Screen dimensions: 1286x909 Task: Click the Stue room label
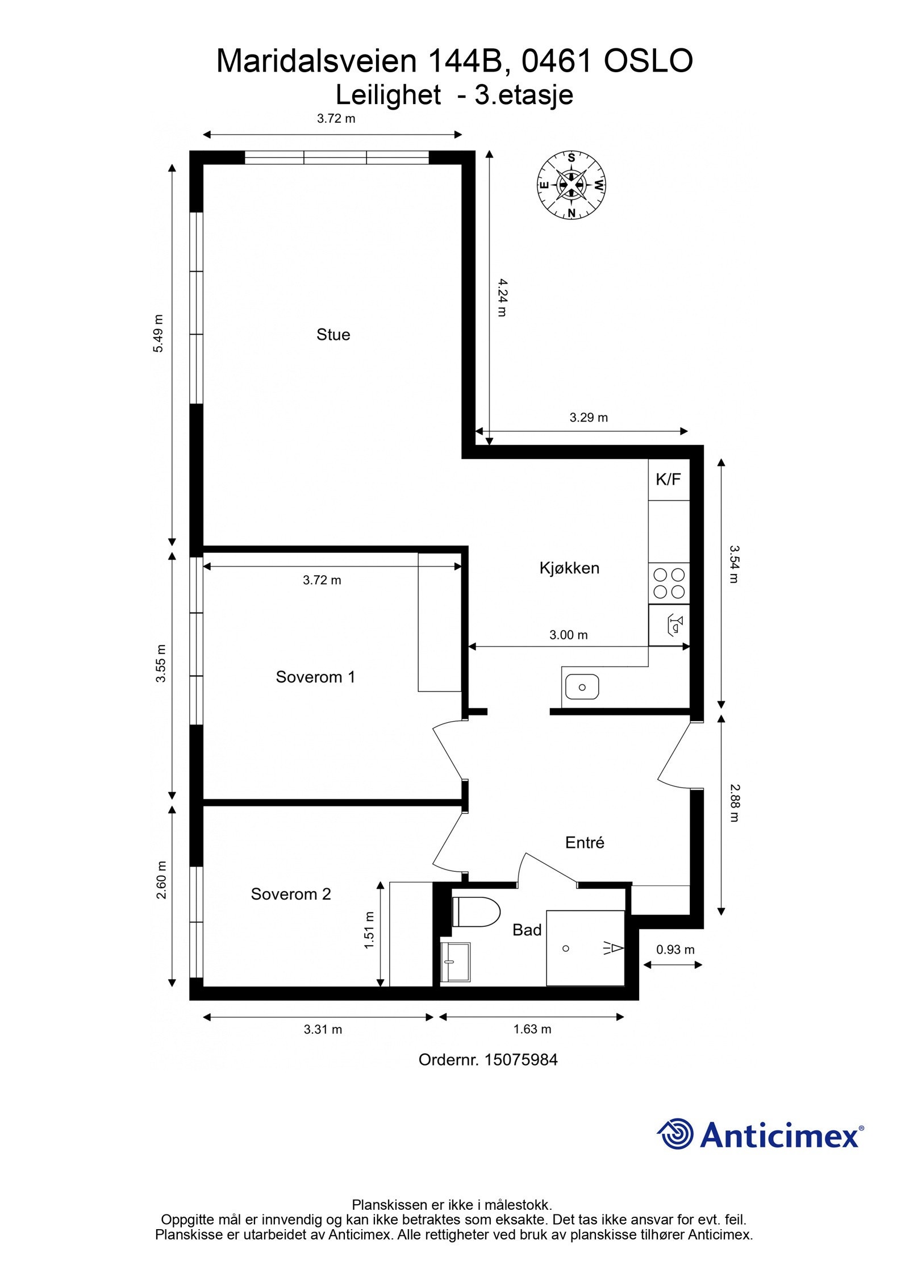(x=333, y=335)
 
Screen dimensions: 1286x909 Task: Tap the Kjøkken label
(x=569, y=568)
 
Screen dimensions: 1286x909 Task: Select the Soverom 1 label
(x=315, y=677)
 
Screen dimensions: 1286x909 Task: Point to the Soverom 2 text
(x=290, y=894)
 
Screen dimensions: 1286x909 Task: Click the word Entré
(x=585, y=843)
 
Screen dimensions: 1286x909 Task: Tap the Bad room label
(x=527, y=930)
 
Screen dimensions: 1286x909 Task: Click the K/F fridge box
(x=668, y=480)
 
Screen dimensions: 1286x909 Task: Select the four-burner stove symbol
(x=669, y=583)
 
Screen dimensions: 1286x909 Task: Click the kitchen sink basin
(x=582, y=687)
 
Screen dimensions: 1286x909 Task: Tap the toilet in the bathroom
(x=476, y=912)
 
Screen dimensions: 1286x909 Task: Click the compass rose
(x=571, y=185)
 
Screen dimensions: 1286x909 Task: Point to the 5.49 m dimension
(x=159, y=334)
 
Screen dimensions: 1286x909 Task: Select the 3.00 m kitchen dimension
(x=568, y=635)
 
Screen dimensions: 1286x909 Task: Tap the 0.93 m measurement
(x=675, y=950)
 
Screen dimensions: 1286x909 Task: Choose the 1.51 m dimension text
(x=369, y=930)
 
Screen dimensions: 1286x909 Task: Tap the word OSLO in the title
(x=648, y=61)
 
